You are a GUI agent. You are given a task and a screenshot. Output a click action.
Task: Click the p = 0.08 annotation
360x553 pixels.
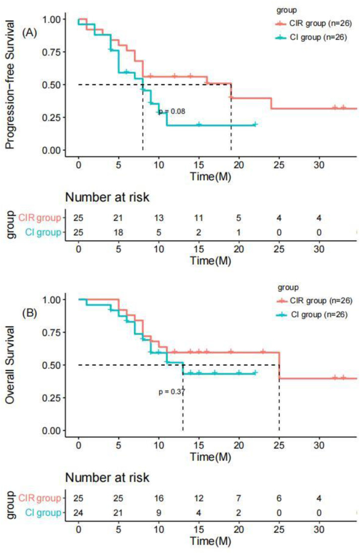pos(172,112)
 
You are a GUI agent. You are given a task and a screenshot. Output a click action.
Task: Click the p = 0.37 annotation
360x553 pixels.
pos(172,392)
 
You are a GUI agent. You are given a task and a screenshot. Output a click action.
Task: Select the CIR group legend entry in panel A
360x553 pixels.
pos(314,24)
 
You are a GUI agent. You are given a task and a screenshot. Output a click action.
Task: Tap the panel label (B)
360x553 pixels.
pos(29,313)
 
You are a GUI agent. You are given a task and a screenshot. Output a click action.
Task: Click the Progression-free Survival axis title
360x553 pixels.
pos(10,85)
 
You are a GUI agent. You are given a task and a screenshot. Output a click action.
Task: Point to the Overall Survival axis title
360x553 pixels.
pos(10,365)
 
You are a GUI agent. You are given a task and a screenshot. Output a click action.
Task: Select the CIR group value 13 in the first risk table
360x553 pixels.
pos(159,218)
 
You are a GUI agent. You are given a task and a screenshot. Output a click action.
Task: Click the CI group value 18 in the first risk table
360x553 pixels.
pos(118,233)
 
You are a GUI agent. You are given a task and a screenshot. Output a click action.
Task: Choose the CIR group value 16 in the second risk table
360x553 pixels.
pos(159,498)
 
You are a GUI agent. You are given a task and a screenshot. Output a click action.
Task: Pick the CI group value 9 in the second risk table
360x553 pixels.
pos(159,513)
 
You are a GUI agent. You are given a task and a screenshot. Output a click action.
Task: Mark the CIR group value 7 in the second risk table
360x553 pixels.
pos(238,498)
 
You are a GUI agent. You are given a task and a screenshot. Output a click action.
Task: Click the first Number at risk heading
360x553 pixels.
pos(107,197)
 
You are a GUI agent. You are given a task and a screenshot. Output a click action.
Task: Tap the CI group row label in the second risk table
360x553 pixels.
pos(43,513)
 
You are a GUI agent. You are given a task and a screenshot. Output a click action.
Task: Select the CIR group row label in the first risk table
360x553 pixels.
pos(39,218)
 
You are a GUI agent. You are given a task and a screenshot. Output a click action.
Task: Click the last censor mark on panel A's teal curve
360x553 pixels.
pos(255,125)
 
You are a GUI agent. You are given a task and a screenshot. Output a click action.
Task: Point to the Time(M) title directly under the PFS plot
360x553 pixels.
pos(210,176)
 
